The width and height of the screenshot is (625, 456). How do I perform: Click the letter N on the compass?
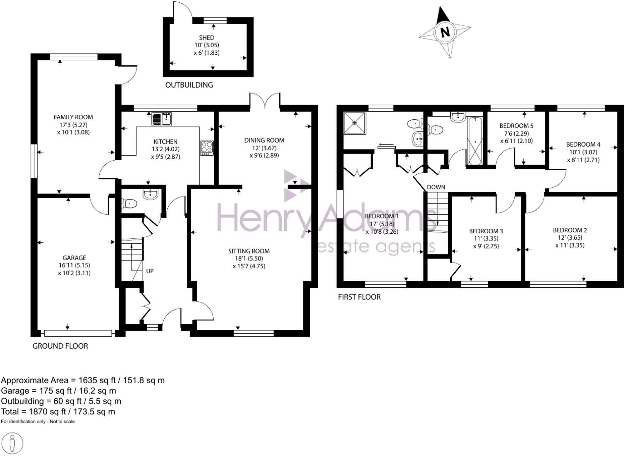coord(445,32)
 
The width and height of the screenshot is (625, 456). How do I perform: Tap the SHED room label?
coord(207,38)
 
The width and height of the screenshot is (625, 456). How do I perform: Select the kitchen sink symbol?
coord(162,119)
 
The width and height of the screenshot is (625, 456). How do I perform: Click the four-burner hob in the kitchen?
coord(207,148)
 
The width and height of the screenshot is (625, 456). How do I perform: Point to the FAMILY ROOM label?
coord(73,117)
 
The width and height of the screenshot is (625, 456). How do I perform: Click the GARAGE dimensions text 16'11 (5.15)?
coord(74,265)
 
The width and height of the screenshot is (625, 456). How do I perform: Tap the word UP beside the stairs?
coord(150,271)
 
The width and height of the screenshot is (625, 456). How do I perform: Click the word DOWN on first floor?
coord(436,187)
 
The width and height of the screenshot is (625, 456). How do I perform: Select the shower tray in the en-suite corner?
coord(354,123)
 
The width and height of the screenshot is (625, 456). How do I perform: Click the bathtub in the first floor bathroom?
coord(474,141)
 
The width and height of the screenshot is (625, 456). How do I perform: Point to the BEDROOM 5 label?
coord(516,126)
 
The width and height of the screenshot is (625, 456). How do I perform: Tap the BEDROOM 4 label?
coord(583,145)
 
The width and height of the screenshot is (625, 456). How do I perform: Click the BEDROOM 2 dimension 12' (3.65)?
coord(570,237)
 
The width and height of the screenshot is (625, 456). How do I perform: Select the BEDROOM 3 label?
coord(486,231)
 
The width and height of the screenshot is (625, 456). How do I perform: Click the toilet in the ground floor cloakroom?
coord(130,204)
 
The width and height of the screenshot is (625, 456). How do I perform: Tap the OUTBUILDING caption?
coord(189,85)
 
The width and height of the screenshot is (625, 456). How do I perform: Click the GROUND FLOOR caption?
coord(60,346)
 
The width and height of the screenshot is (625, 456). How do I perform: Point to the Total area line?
coord(58,411)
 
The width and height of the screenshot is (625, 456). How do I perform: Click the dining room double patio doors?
coord(265,101)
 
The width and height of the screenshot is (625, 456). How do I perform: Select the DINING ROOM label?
coord(264,140)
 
